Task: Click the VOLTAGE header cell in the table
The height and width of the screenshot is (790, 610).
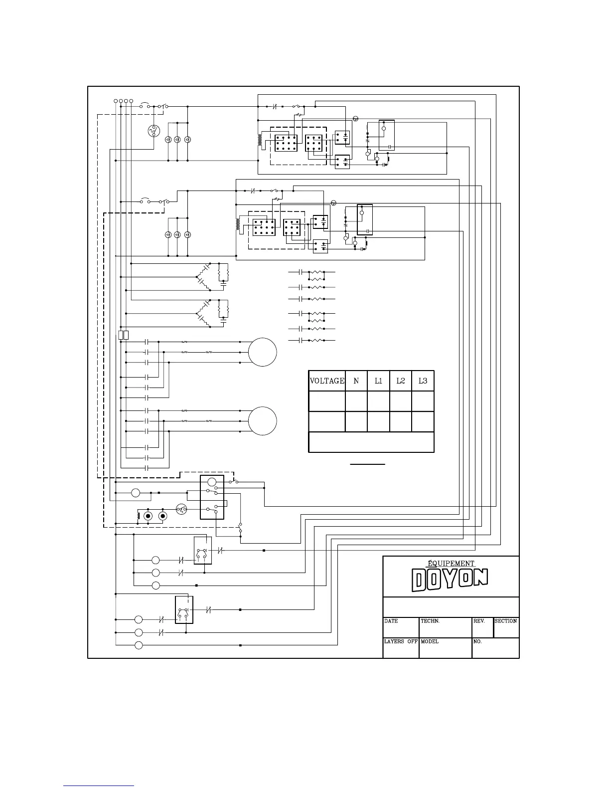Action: pos(327,381)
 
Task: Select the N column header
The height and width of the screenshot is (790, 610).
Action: pos(356,381)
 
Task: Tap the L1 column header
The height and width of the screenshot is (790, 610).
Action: pos(378,381)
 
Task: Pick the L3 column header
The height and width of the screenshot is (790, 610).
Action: pos(423,381)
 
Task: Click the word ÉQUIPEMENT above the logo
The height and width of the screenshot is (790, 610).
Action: pos(451,564)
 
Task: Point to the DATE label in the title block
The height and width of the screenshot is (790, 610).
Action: pos(391,621)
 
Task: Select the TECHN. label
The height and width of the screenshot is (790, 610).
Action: pos(430,621)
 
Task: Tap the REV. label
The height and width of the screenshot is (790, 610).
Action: pos(479,621)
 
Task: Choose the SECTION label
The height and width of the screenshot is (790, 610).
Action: pos(506,621)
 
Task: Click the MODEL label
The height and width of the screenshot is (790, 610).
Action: pos(430,642)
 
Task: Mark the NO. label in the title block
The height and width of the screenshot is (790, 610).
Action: pos(478,642)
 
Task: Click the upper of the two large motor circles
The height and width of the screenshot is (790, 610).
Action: pos(263,352)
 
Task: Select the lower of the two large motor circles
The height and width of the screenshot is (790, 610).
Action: pos(263,420)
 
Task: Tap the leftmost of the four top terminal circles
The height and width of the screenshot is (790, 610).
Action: pos(116,101)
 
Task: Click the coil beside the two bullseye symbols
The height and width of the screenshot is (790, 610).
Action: pos(139,516)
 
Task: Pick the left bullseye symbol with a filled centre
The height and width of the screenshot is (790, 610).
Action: pos(148,516)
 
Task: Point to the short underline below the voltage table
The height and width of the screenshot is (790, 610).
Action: pos(367,464)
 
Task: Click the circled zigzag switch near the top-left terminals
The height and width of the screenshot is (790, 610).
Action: pos(153,132)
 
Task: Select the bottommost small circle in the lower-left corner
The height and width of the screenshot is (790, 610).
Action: pos(139,646)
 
